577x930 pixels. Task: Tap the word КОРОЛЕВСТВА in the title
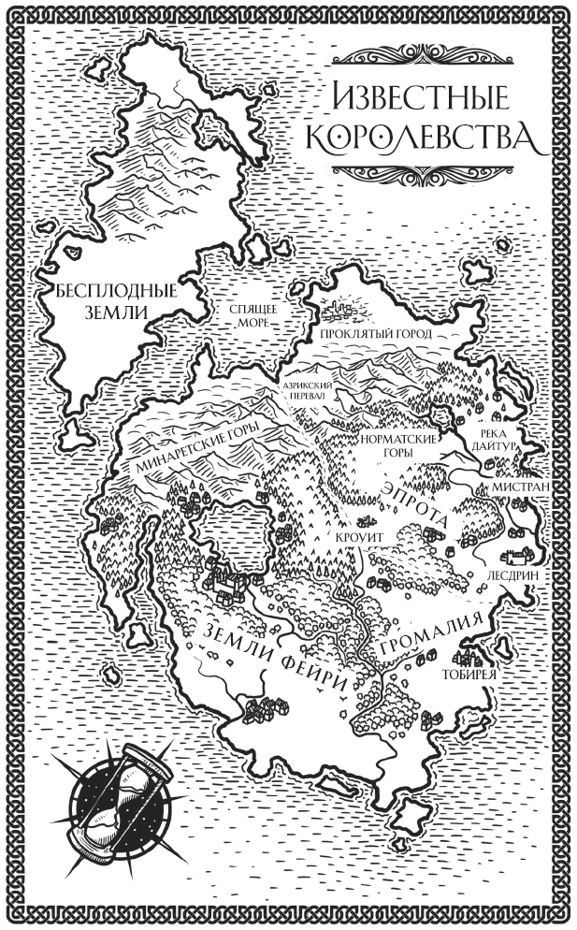[423, 138]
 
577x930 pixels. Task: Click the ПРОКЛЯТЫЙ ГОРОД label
[374, 334]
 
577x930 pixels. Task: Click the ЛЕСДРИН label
[513, 575]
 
